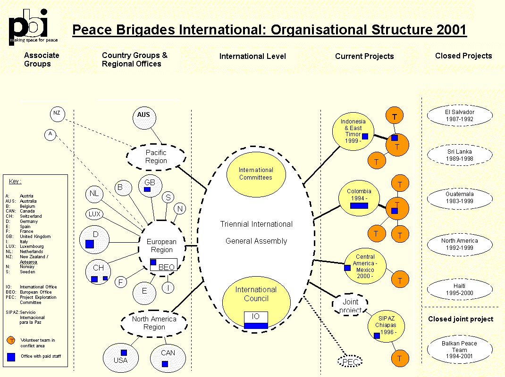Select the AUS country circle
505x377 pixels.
coord(143,115)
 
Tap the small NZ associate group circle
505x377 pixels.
coord(57,114)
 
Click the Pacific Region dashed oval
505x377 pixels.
coord(156,156)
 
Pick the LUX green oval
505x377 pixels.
coord(95,214)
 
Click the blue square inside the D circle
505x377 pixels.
coord(90,244)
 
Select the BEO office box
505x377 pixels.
coord(164,265)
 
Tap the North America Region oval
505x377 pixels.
coord(154,323)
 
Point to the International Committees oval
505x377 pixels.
coord(256,173)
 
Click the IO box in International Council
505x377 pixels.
coord(256,320)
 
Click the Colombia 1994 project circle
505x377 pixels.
coord(359,198)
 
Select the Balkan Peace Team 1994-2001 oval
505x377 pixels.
coord(459,350)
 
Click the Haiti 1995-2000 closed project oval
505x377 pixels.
coord(459,289)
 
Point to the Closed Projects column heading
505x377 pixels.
coord(463,56)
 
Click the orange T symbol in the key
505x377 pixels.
coord(12,340)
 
